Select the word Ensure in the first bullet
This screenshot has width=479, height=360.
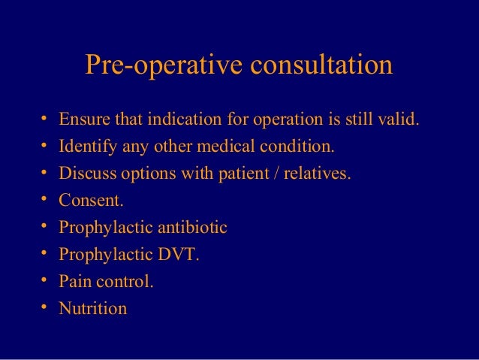(83, 120)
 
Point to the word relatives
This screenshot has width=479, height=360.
(316, 174)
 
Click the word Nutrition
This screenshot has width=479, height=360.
(92, 308)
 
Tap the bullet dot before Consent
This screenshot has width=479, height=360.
(44, 201)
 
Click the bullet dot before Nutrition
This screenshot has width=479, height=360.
(44, 307)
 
